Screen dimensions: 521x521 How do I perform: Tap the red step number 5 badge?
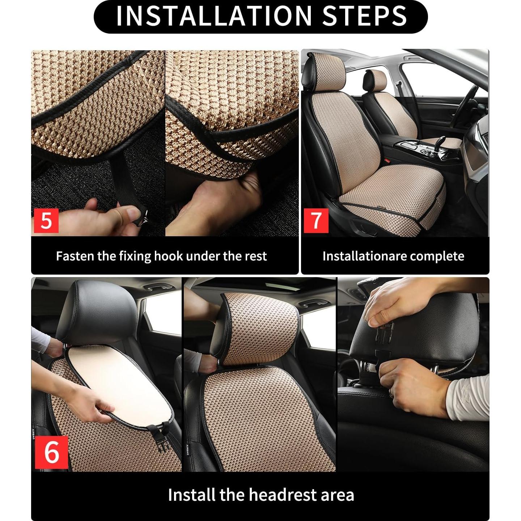coord(46,220)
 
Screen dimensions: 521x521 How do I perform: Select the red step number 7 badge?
coord(315,220)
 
